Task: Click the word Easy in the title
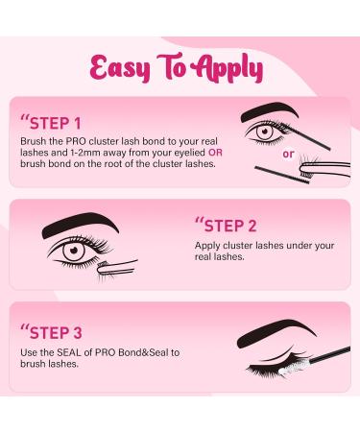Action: click(120, 68)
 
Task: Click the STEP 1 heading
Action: click(52, 124)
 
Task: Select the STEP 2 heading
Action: click(226, 226)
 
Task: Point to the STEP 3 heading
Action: click(52, 333)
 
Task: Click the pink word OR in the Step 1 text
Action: click(215, 153)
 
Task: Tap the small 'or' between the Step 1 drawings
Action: click(288, 155)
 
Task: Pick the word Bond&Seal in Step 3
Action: click(143, 352)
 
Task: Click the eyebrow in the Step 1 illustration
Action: click(270, 111)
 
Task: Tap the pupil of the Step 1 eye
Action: click(264, 132)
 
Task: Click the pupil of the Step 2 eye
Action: click(74, 251)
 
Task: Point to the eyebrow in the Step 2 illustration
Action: click(80, 224)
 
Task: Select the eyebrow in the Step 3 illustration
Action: click(276, 333)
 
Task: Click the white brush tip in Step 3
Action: click(290, 370)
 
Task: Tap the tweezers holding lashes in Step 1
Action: click(324, 168)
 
